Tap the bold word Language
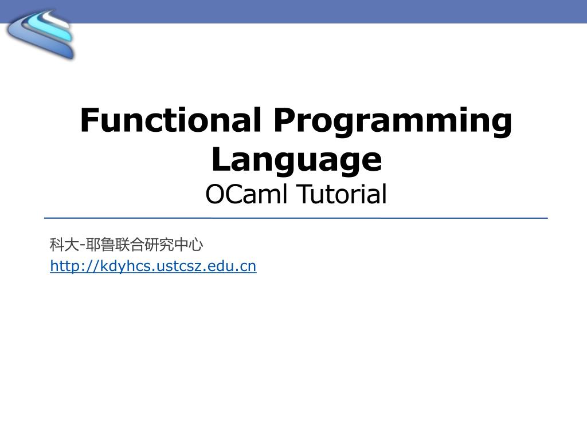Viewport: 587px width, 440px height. coord(296,160)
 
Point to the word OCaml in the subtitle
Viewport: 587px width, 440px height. coord(248,194)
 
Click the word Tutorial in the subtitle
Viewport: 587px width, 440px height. coord(342,194)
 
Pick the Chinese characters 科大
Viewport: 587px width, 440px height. coord(64,245)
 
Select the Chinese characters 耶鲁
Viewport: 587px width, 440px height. coord(100,245)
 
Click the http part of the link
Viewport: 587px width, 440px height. coord(62,266)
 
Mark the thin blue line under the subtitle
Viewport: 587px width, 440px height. coord(296,218)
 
